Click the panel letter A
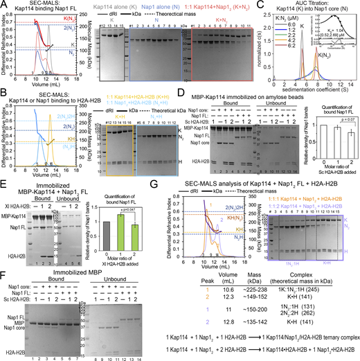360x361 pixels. [x=3, y=3]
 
